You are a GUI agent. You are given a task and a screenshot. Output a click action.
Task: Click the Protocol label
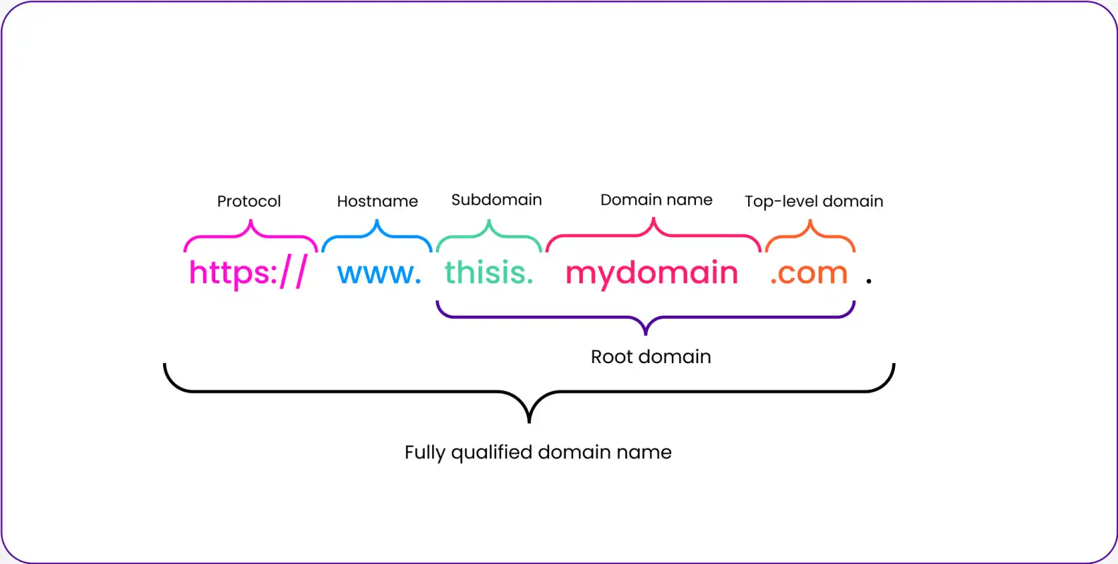[x=249, y=202]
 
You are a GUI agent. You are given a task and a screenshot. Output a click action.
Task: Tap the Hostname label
[x=378, y=201]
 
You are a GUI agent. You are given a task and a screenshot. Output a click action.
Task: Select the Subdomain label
[x=497, y=200]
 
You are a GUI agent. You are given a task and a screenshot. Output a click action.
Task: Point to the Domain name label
[x=656, y=200]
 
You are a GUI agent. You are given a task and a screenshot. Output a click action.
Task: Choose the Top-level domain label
[x=814, y=201]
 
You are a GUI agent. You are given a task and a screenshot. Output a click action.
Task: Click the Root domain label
[x=651, y=357]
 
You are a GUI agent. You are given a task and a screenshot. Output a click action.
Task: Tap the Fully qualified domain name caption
[x=538, y=453]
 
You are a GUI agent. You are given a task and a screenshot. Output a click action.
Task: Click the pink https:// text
[x=248, y=272]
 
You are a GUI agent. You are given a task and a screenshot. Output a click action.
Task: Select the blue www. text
[x=379, y=274]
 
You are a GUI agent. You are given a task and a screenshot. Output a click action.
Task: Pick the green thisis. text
[x=489, y=272]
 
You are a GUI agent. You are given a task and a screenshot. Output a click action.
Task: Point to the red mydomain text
[x=651, y=274]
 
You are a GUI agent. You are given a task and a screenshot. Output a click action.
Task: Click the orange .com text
[x=809, y=274]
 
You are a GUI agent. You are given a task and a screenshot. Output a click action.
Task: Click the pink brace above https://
[x=251, y=235]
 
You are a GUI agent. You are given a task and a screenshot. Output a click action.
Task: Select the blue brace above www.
[x=377, y=235]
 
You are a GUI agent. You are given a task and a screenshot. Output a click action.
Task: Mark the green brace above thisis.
[x=489, y=235]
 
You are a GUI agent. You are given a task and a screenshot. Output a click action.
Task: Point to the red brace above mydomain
[x=654, y=234]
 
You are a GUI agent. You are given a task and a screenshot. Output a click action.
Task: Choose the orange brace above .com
[x=810, y=235]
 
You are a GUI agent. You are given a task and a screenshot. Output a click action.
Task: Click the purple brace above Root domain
[x=646, y=317]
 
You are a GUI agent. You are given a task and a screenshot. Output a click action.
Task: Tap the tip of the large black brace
[x=529, y=422]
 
